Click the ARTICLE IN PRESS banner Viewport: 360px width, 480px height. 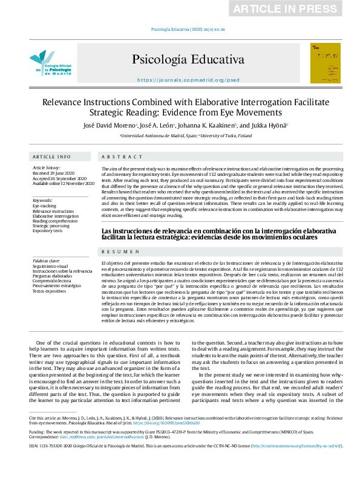click(x=293, y=8)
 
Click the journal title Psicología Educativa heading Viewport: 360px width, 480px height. click(x=188, y=59)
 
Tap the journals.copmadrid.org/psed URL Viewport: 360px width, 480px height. click(x=188, y=80)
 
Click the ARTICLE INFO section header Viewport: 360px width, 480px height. click(x=51, y=157)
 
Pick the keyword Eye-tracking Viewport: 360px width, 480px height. click(x=44, y=206)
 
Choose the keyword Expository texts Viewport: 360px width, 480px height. click(x=48, y=230)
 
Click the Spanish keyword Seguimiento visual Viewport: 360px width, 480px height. click(x=50, y=267)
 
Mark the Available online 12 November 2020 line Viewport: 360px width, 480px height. click(x=64, y=183)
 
